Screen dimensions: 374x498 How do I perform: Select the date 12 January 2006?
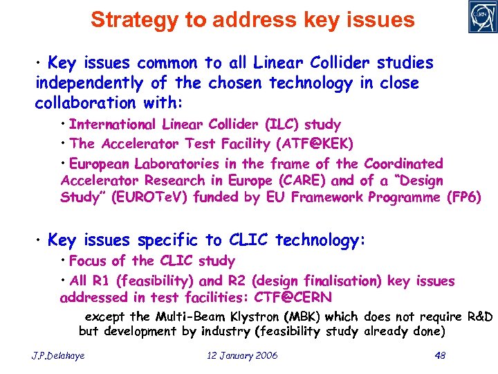coord(242,355)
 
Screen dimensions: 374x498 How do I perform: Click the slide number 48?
coord(439,355)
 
